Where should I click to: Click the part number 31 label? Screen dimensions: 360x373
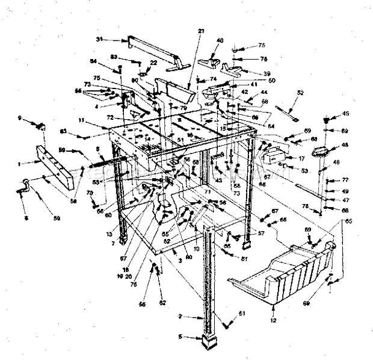(x=99, y=39)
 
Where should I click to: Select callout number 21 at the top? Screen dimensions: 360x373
(x=201, y=31)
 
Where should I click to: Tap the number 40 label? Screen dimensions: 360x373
(x=220, y=40)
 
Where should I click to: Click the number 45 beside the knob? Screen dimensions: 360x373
(x=345, y=113)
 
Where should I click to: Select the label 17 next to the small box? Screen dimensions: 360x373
(x=303, y=158)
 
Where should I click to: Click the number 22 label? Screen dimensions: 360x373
(x=153, y=62)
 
